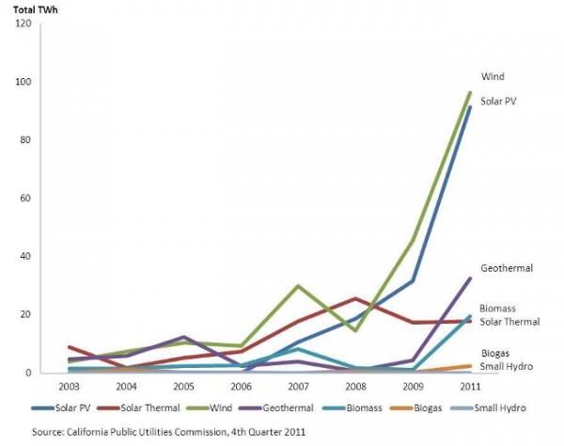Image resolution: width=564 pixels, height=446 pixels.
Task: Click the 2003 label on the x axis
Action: click(67, 386)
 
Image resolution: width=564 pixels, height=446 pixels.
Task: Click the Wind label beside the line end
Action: click(493, 75)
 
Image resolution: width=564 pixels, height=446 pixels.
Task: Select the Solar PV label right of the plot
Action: click(499, 101)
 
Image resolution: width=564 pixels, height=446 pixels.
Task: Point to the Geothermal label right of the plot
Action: click(508, 268)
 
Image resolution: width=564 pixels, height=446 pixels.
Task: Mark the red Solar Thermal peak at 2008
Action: click(354, 298)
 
